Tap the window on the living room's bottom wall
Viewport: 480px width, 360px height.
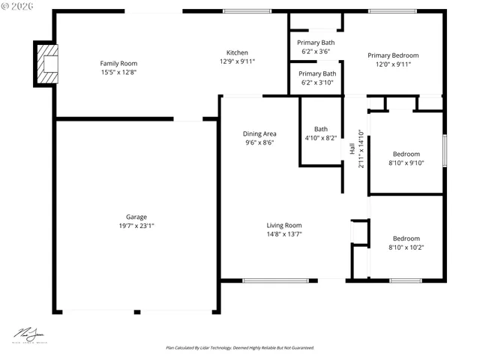pos(275,280)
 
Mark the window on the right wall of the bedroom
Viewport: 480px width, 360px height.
pos(443,151)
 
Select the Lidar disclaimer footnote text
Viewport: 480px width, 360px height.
pos(239,348)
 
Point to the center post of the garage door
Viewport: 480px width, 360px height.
pos(136,311)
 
